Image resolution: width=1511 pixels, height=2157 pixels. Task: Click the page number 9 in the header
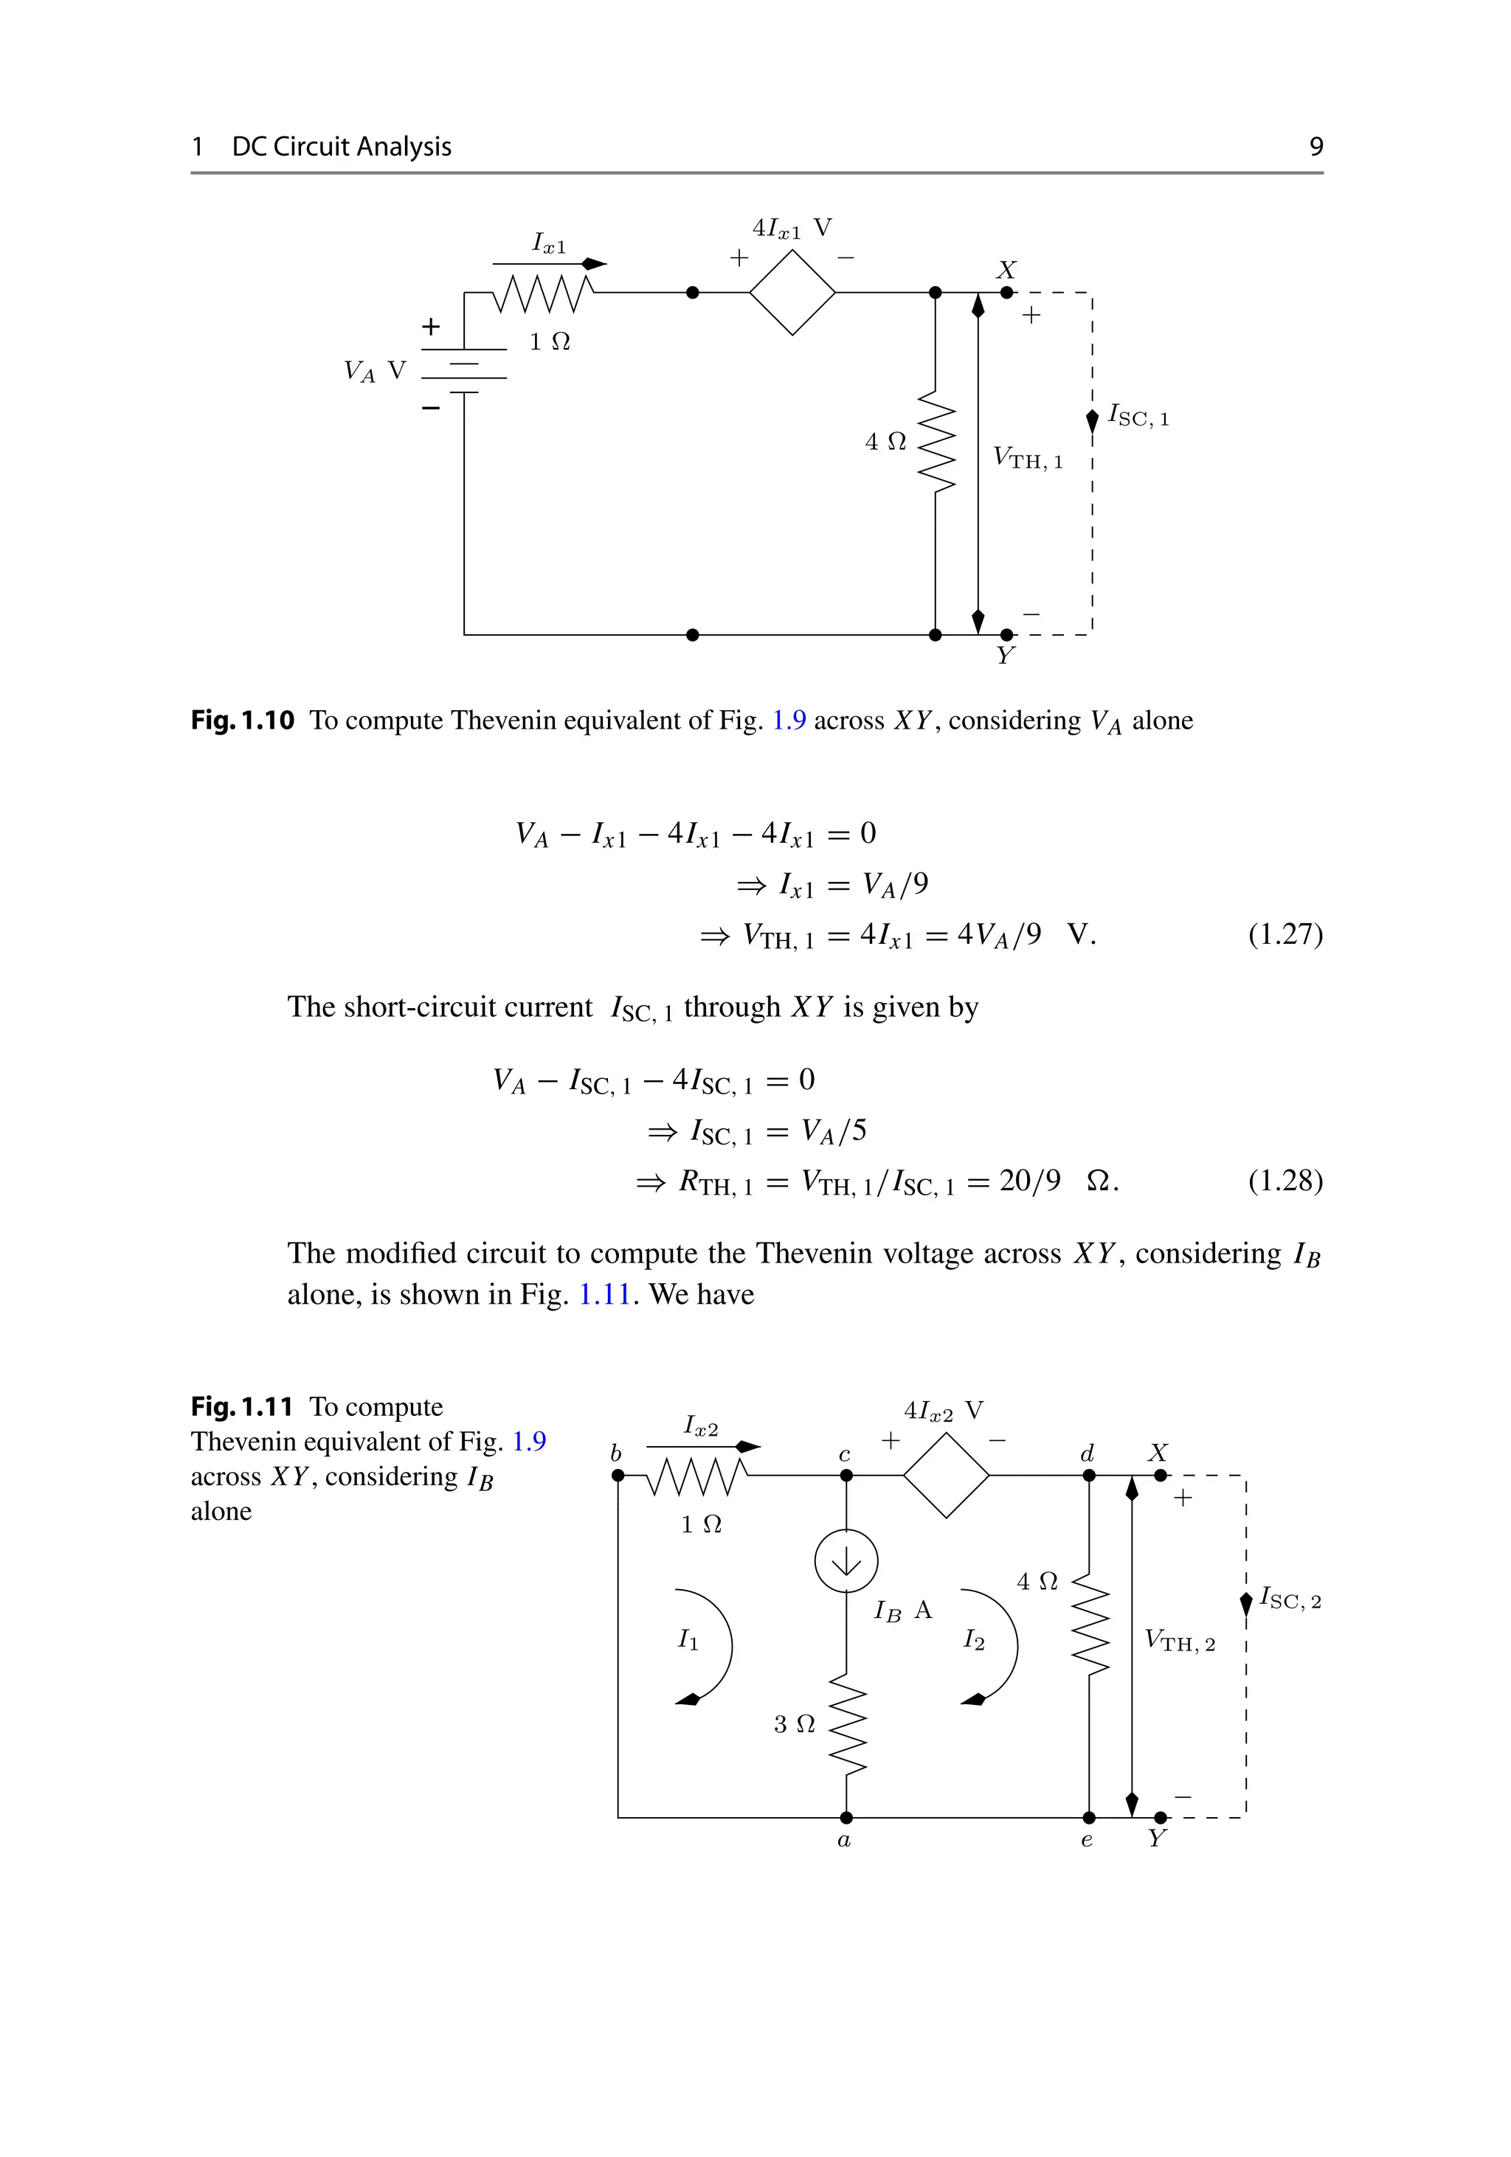[1315, 147]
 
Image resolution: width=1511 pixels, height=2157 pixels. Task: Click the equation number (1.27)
[1284, 935]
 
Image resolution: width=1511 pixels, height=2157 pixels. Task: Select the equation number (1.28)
[1284, 1181]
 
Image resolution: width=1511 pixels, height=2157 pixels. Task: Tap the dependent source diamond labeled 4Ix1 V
[792, 292]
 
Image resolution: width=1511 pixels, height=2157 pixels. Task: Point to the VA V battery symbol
[464, 370]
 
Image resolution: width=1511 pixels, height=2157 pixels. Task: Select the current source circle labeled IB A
[846, 1560]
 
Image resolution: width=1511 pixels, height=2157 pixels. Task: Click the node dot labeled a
[846, 1818]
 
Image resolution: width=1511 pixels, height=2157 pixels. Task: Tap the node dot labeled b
[618, 1475]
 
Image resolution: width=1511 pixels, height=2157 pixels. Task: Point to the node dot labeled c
[846, 1475]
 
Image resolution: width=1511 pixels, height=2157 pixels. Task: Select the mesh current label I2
[973, 1640]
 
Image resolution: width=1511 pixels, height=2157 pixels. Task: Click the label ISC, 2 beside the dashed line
[1289, 1597]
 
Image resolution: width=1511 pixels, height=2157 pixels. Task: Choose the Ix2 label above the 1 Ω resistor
[700, 1426]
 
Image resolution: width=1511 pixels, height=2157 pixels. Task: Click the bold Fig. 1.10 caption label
[243, 720]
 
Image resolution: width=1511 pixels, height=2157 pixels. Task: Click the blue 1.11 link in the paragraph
[604, 1295]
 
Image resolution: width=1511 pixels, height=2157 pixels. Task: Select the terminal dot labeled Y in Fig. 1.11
[1161, 1818]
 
